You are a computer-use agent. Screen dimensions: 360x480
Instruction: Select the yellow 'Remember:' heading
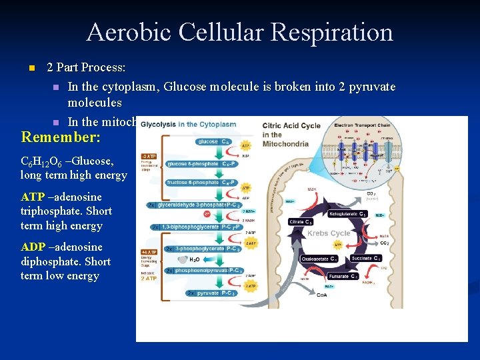[61, 137]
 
